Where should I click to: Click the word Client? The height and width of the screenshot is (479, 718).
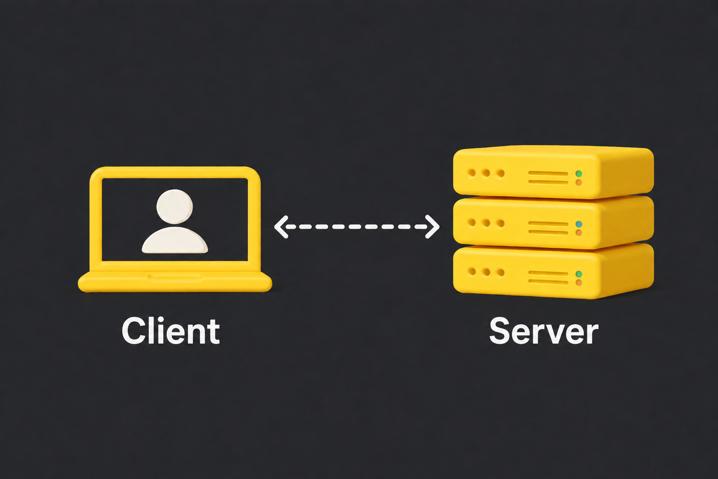click(x=171, y=331)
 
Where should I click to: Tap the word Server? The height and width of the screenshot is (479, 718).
click(x=544, y=331)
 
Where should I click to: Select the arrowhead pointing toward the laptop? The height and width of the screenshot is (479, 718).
click(x=281, y=227)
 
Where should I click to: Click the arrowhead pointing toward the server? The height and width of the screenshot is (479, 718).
click(x=433, y=227)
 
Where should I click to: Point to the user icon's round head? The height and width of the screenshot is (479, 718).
click(x=174, y=206)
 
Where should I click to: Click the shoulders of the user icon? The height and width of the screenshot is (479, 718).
click(x=174, y=240)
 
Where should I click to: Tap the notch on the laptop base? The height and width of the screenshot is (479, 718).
click(x=174, y=277)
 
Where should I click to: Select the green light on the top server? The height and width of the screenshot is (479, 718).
click(x=579, y=174)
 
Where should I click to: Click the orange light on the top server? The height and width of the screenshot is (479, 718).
click(x=579, y=183)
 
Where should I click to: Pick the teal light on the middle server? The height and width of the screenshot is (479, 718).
click(x=579, y=224)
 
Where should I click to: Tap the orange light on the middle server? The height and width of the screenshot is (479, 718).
click(x=579, y=233)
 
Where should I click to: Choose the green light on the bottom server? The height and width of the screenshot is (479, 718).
click(x=579, y=274)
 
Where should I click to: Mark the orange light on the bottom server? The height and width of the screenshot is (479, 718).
click(x=579, y=283)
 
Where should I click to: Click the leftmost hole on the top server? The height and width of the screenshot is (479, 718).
click(x=472, y=173)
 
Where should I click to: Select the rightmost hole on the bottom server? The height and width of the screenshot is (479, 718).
click(x=500, y=273)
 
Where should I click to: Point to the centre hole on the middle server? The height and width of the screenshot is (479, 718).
click(x=486, y=223)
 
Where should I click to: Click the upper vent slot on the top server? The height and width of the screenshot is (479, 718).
click(x=548, y=174)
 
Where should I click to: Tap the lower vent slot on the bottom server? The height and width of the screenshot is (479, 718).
click(x=548, y=282)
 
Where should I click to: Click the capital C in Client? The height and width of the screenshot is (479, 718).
click(x=132, y=331)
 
